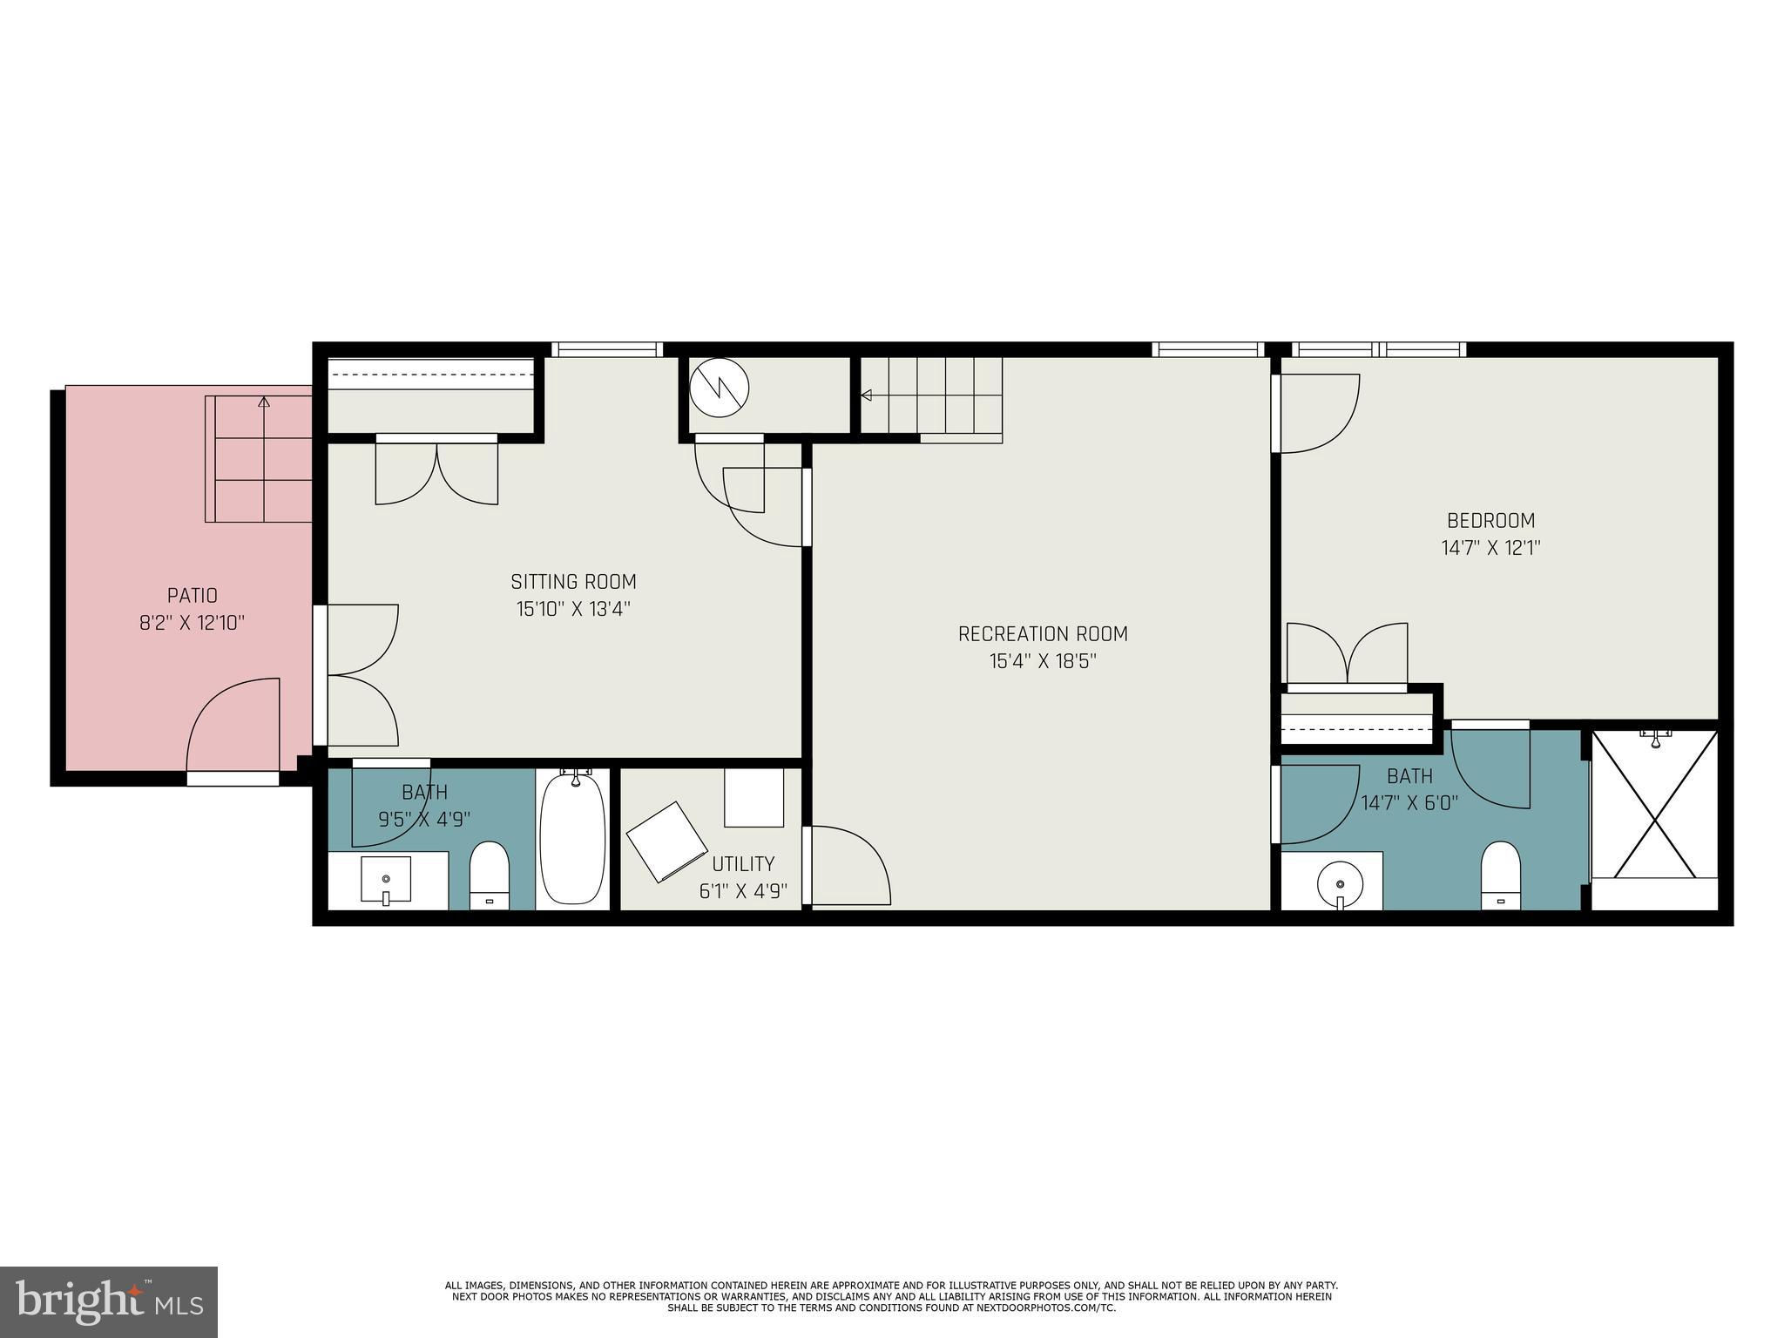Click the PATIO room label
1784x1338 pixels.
(x=193, y=596)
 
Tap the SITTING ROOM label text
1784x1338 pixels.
(x=573, y=582)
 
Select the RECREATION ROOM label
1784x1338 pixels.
(x=1043, y=634)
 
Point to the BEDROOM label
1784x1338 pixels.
(x=1491, y=521)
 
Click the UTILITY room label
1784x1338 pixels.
(x=743, y=864)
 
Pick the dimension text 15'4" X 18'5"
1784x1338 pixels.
(x=1043, y=661)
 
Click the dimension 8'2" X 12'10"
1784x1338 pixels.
(x=193, y=623)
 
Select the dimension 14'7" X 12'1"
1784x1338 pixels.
(x=1491, y=548)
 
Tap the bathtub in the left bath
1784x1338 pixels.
(x=572, y=839)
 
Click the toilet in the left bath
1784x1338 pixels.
(x=489, y=875)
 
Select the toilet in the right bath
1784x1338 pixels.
(x=1500, y=875)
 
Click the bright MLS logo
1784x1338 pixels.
(x=109, y=1302)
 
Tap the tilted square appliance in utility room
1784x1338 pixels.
(x=667, y=841)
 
